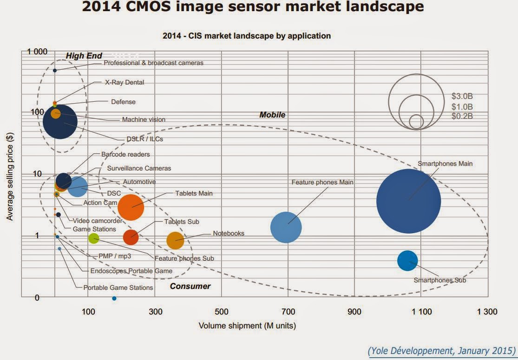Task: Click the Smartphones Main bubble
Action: point(408,201)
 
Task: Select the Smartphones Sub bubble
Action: point(407,261)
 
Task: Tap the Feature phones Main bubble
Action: point(286,227)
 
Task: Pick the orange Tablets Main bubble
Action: point(131,207)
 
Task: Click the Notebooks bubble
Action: point(175,240)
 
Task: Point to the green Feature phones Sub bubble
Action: point(94,238)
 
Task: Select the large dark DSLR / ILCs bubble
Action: point(60,122)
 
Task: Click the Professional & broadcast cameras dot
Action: point(55,70)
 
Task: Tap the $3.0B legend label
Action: point(462,97)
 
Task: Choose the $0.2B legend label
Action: point(462,116)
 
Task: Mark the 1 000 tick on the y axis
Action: point(37,52)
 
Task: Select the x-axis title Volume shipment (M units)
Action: point(247,326)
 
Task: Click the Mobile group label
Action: point(272,115)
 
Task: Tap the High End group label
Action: point(84,56)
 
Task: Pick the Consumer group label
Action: point(190,286)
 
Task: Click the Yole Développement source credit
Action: point(441,350)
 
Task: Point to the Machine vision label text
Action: point(144,119)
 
